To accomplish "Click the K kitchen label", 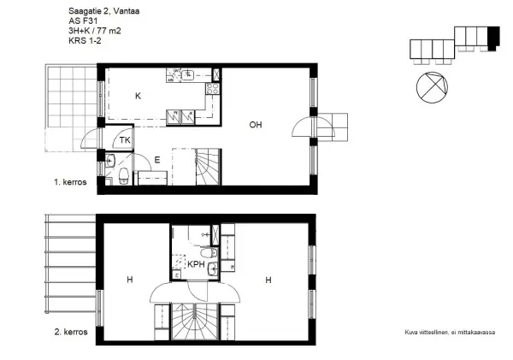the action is pos(138,96).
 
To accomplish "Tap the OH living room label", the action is pos(256,125).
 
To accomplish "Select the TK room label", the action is pos(125,140).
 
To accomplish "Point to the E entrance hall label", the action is pos(157,160).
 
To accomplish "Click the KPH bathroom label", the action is pos(196,264).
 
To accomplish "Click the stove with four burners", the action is pos(212,88).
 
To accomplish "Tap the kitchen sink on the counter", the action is pos(188,75).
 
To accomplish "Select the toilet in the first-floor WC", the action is pos(123,176).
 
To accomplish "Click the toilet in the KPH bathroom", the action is pos(209,252).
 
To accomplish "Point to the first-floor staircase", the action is pos(208,167).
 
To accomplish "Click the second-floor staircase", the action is pos(195,322).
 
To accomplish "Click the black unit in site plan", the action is pos(493,38).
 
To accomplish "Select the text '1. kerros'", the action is pos(70,182).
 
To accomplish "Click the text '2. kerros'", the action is pos(71,332).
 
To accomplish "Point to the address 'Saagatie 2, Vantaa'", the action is pos(104,11).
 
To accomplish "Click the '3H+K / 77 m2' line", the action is pos(95,31).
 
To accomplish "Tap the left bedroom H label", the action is pos(130,280).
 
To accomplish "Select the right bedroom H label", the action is pos(268,280).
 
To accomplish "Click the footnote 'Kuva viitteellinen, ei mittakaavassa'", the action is pos(450,333).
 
